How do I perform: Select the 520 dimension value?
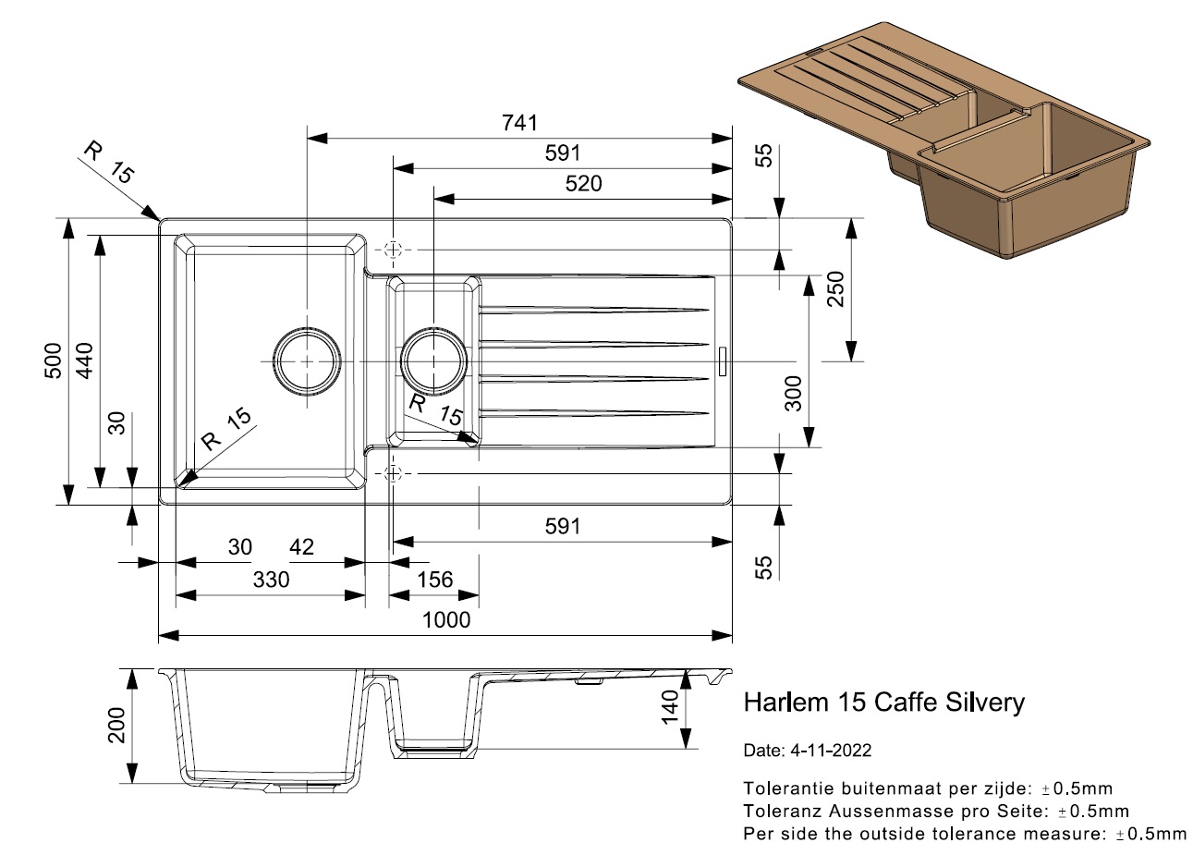(582, 184)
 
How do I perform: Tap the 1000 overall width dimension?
(446, 619)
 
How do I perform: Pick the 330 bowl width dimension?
(272, 580)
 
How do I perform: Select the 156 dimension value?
(434, 580)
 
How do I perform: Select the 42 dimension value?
(301, 547)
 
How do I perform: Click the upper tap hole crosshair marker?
(394, 250)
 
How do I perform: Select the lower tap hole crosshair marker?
(394, 473)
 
